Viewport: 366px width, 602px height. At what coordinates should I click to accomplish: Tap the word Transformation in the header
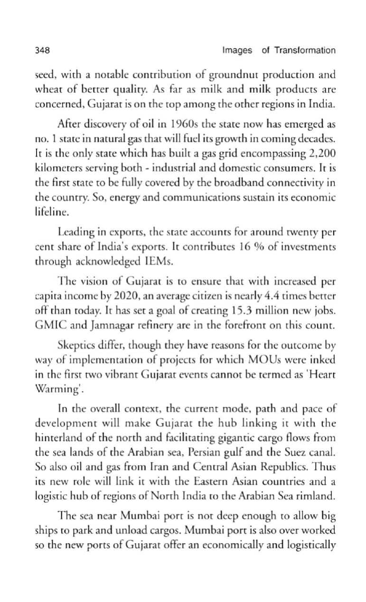[305, 50]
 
